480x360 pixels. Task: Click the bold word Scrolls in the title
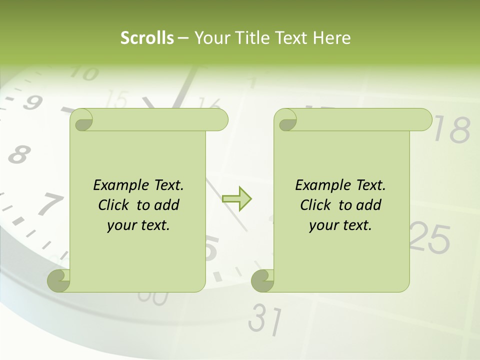147,37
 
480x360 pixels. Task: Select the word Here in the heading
332,37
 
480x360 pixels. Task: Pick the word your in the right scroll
323,225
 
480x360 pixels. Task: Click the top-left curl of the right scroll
286,120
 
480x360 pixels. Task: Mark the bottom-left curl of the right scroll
262,280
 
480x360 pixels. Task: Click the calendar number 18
452,130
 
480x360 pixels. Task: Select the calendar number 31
265,318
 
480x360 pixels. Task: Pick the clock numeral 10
83,74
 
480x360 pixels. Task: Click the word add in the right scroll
369,205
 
